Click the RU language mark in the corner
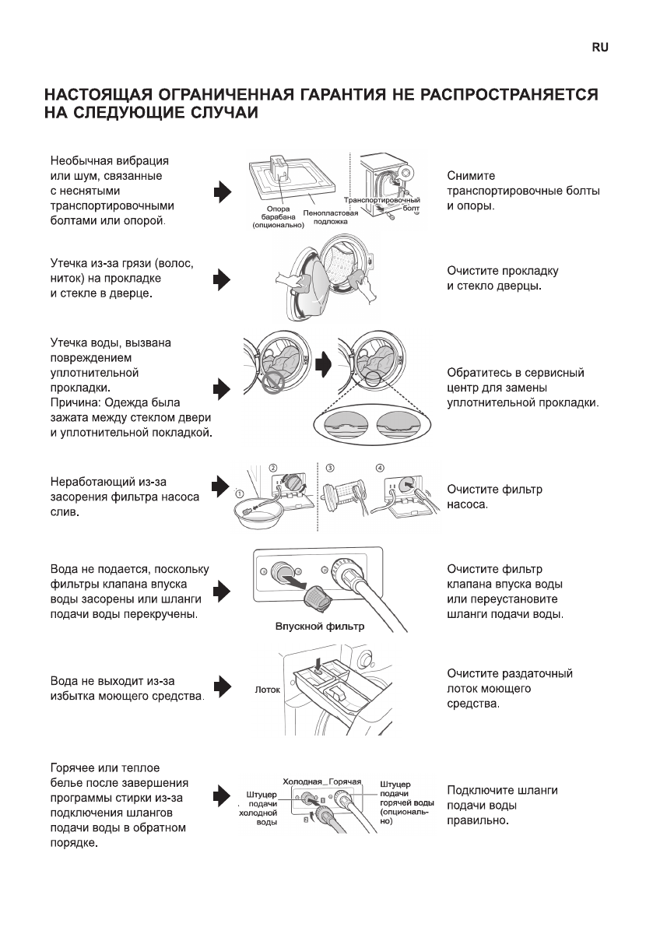click(x=599, y=47)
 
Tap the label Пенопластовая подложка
click(x=331, y=216)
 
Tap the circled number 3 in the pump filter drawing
click(x=330, y=469)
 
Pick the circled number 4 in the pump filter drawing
click(x=380, y=469)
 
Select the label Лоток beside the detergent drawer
click(x=267, y=690)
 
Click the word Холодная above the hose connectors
click(x=302, y=781)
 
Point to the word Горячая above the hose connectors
click(x=346, y=781)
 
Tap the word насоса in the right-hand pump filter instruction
click(x=466, y=505)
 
